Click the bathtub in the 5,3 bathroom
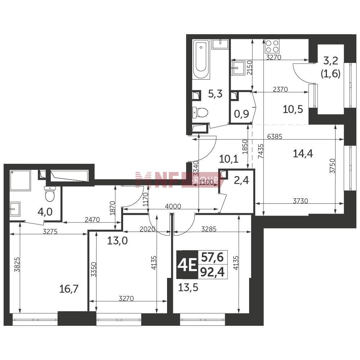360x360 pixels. click(201, 60)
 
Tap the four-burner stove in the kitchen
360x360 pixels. click(272, 46)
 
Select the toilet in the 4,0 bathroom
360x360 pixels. click(50, 194)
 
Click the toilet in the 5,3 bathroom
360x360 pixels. click(200, 112)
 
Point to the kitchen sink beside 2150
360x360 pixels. click(238, 68)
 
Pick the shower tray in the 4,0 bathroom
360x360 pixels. click(20, 180)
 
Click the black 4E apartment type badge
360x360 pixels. click(187, 265)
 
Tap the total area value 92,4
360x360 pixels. click(212, 272)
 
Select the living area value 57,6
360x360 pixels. click(212, 257)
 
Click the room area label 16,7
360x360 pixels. click(69, 289)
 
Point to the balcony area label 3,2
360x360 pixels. click(330, 61)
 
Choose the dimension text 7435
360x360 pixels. click(261, 151)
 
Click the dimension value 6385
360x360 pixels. click(275, 136)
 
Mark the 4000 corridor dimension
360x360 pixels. click(173, 206)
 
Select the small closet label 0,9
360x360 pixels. click(242, 114)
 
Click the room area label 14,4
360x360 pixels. click(303, 153)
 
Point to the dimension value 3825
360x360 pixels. click(17, 265)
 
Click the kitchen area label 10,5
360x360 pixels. click(293, 109)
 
